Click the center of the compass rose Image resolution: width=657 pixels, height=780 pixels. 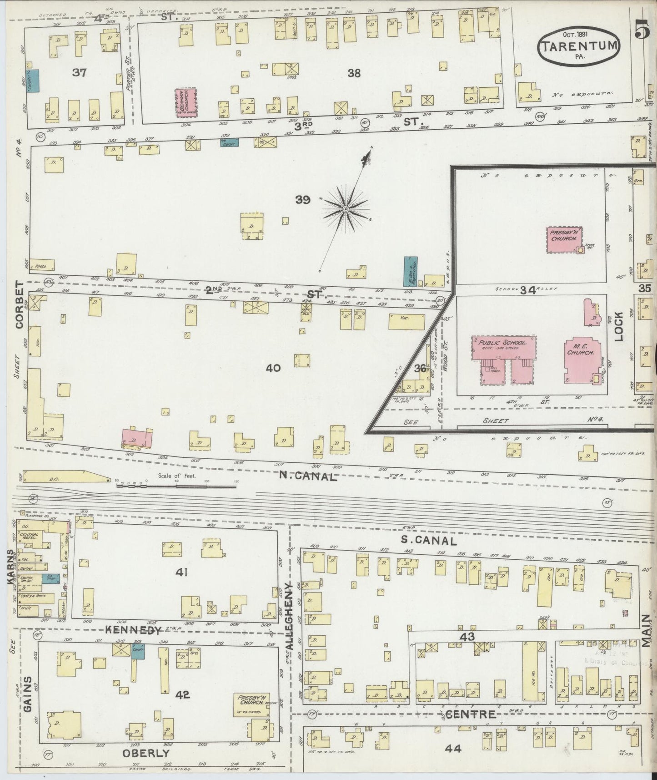tap(345, 209)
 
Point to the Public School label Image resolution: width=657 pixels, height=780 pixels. tap(499, 342)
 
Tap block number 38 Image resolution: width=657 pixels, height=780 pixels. tap(354, 73)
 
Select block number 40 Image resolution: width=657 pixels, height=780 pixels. tap(273, 368)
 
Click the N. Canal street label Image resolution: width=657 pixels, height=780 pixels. tap(308, 476)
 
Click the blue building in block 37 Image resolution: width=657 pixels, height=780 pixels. tap(33, 81)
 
